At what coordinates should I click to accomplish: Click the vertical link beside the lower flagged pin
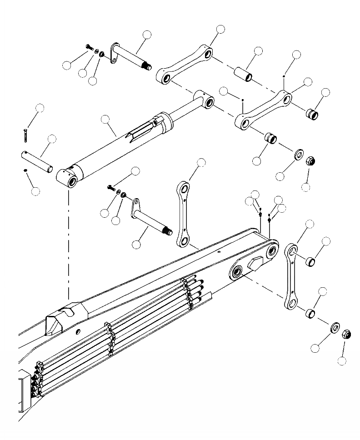pyautogui.click(x=184, y=213)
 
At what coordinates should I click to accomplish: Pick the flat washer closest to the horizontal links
pyautogui.click(x=298, y=155)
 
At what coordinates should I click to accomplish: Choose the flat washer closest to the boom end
pyautogui.click(x=335, y=327)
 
